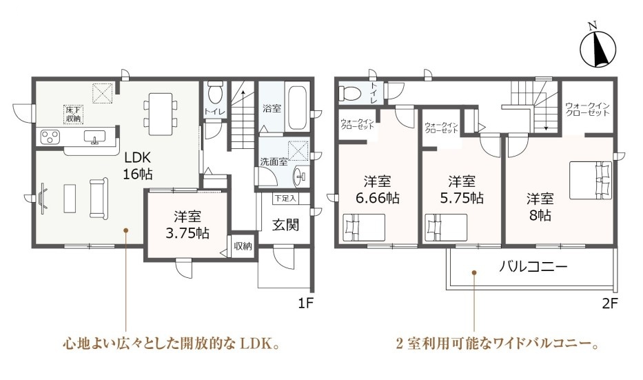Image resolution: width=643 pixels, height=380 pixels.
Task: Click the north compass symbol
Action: [598, 49]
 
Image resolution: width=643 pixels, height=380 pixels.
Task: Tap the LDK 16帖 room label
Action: [139, 166]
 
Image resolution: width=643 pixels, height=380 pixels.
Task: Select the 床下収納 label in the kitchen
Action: [74, 114]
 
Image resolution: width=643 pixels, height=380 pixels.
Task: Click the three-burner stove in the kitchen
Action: [50, 137]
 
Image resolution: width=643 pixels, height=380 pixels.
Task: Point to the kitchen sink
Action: [94, 137]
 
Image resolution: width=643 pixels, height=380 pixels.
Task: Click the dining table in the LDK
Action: [161, 114]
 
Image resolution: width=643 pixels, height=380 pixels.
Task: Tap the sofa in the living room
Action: [99, 198]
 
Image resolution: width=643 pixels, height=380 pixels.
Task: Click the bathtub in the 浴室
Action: [297, 107]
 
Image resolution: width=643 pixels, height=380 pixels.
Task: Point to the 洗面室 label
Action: [274, 161]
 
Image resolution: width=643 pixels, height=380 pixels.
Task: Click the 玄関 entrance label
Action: [286, 224]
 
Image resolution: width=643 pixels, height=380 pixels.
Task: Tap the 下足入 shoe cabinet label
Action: [285, 199]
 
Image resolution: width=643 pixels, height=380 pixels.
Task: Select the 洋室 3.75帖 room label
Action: [187, 225]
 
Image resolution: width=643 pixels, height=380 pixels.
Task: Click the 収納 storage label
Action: [243, 246]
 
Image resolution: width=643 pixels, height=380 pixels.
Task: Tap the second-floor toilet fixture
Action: [349, 93]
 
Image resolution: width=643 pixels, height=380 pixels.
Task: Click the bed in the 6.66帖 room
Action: [364, 227]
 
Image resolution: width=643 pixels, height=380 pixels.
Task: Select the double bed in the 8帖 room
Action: [591, 181]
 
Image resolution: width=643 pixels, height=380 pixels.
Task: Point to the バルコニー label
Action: [533, 267]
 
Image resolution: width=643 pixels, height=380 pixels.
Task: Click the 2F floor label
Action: [610, 303]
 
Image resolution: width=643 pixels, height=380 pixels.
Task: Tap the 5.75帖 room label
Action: [462, 190]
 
